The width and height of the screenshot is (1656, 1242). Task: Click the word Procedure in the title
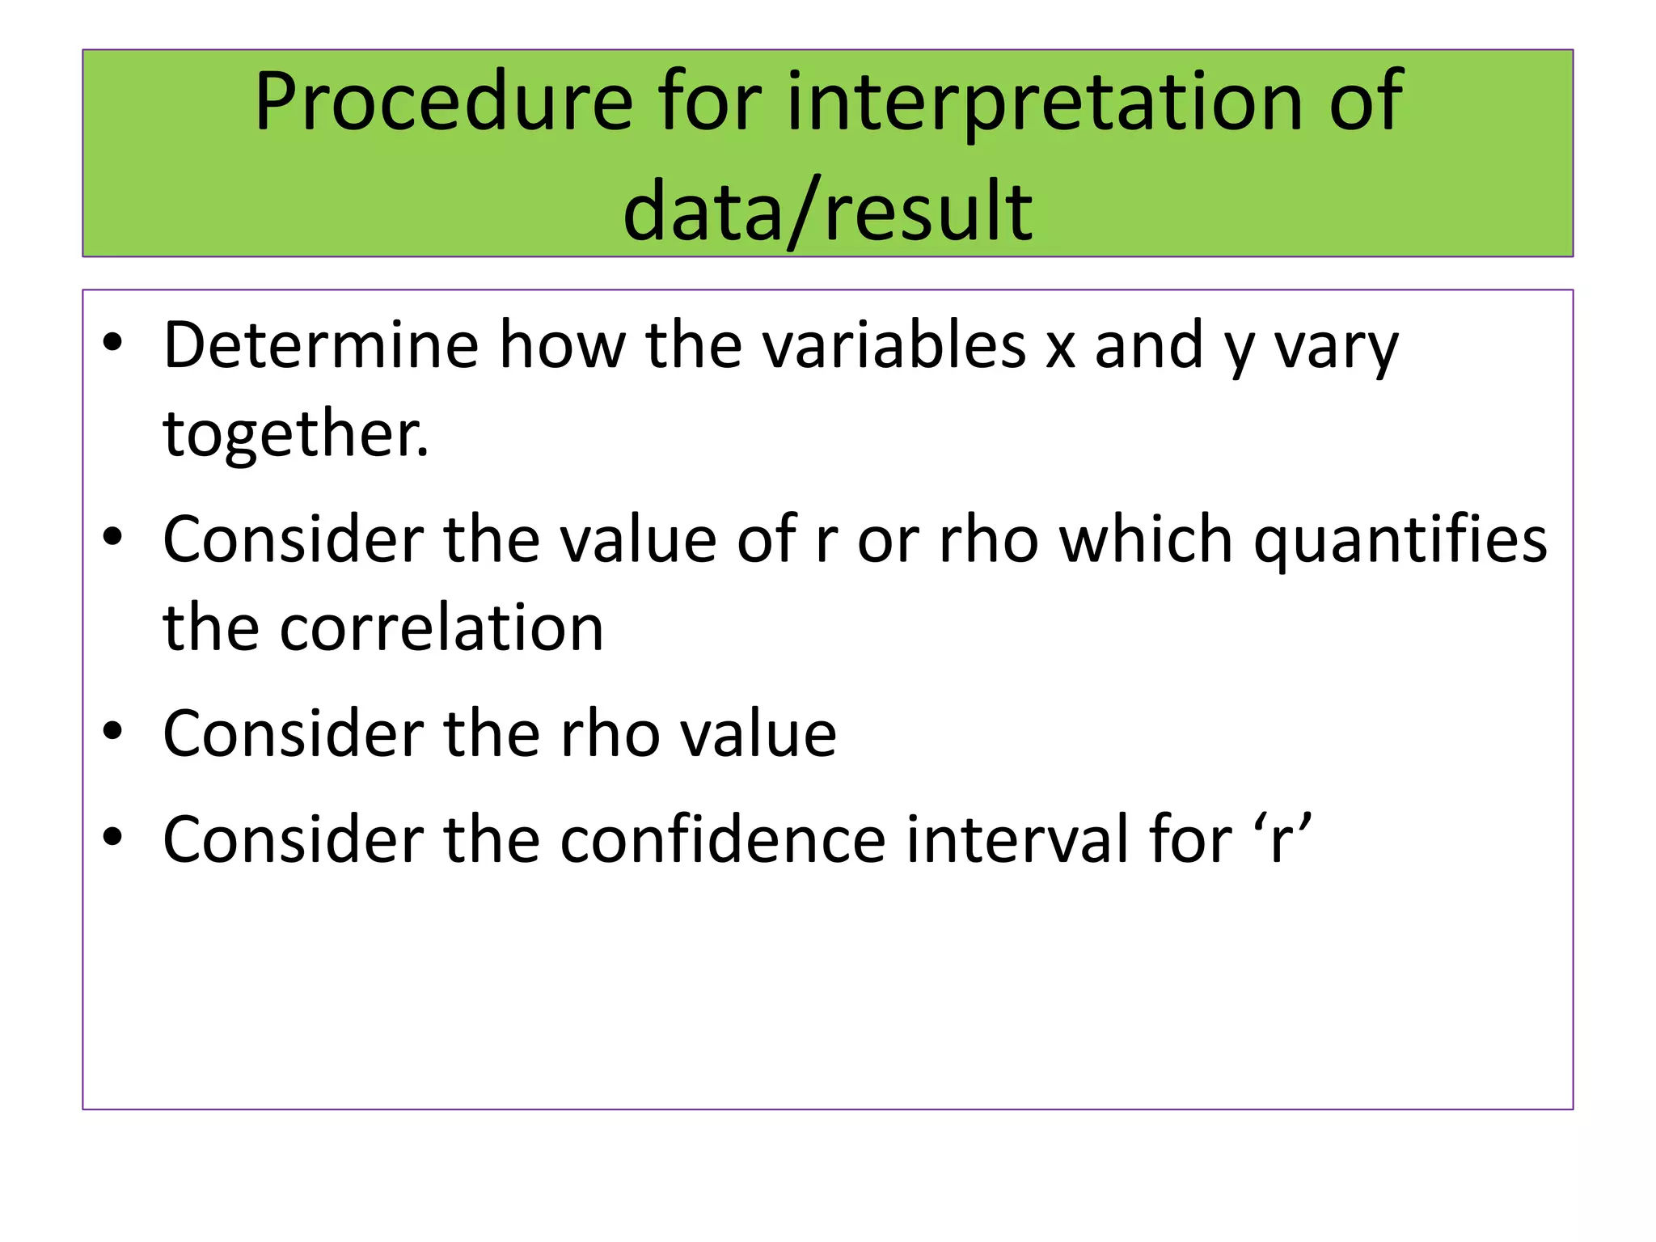tap(443, 103)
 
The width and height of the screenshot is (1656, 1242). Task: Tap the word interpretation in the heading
tap(1045, 103)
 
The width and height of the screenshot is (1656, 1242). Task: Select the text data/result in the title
tap(827, 212)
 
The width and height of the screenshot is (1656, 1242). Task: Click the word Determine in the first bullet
tap(321, 345)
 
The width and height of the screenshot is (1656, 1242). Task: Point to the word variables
tap(894, 345)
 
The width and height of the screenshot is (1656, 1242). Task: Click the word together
tap(295, 434)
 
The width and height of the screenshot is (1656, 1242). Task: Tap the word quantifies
tap(1400, 540)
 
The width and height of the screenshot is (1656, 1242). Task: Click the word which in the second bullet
tap(1146, 540)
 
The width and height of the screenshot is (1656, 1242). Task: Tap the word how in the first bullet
tap(562, 345)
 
